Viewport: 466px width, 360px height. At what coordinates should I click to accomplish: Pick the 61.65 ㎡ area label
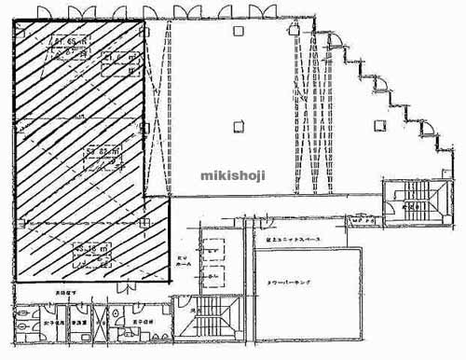tap(70, 42)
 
